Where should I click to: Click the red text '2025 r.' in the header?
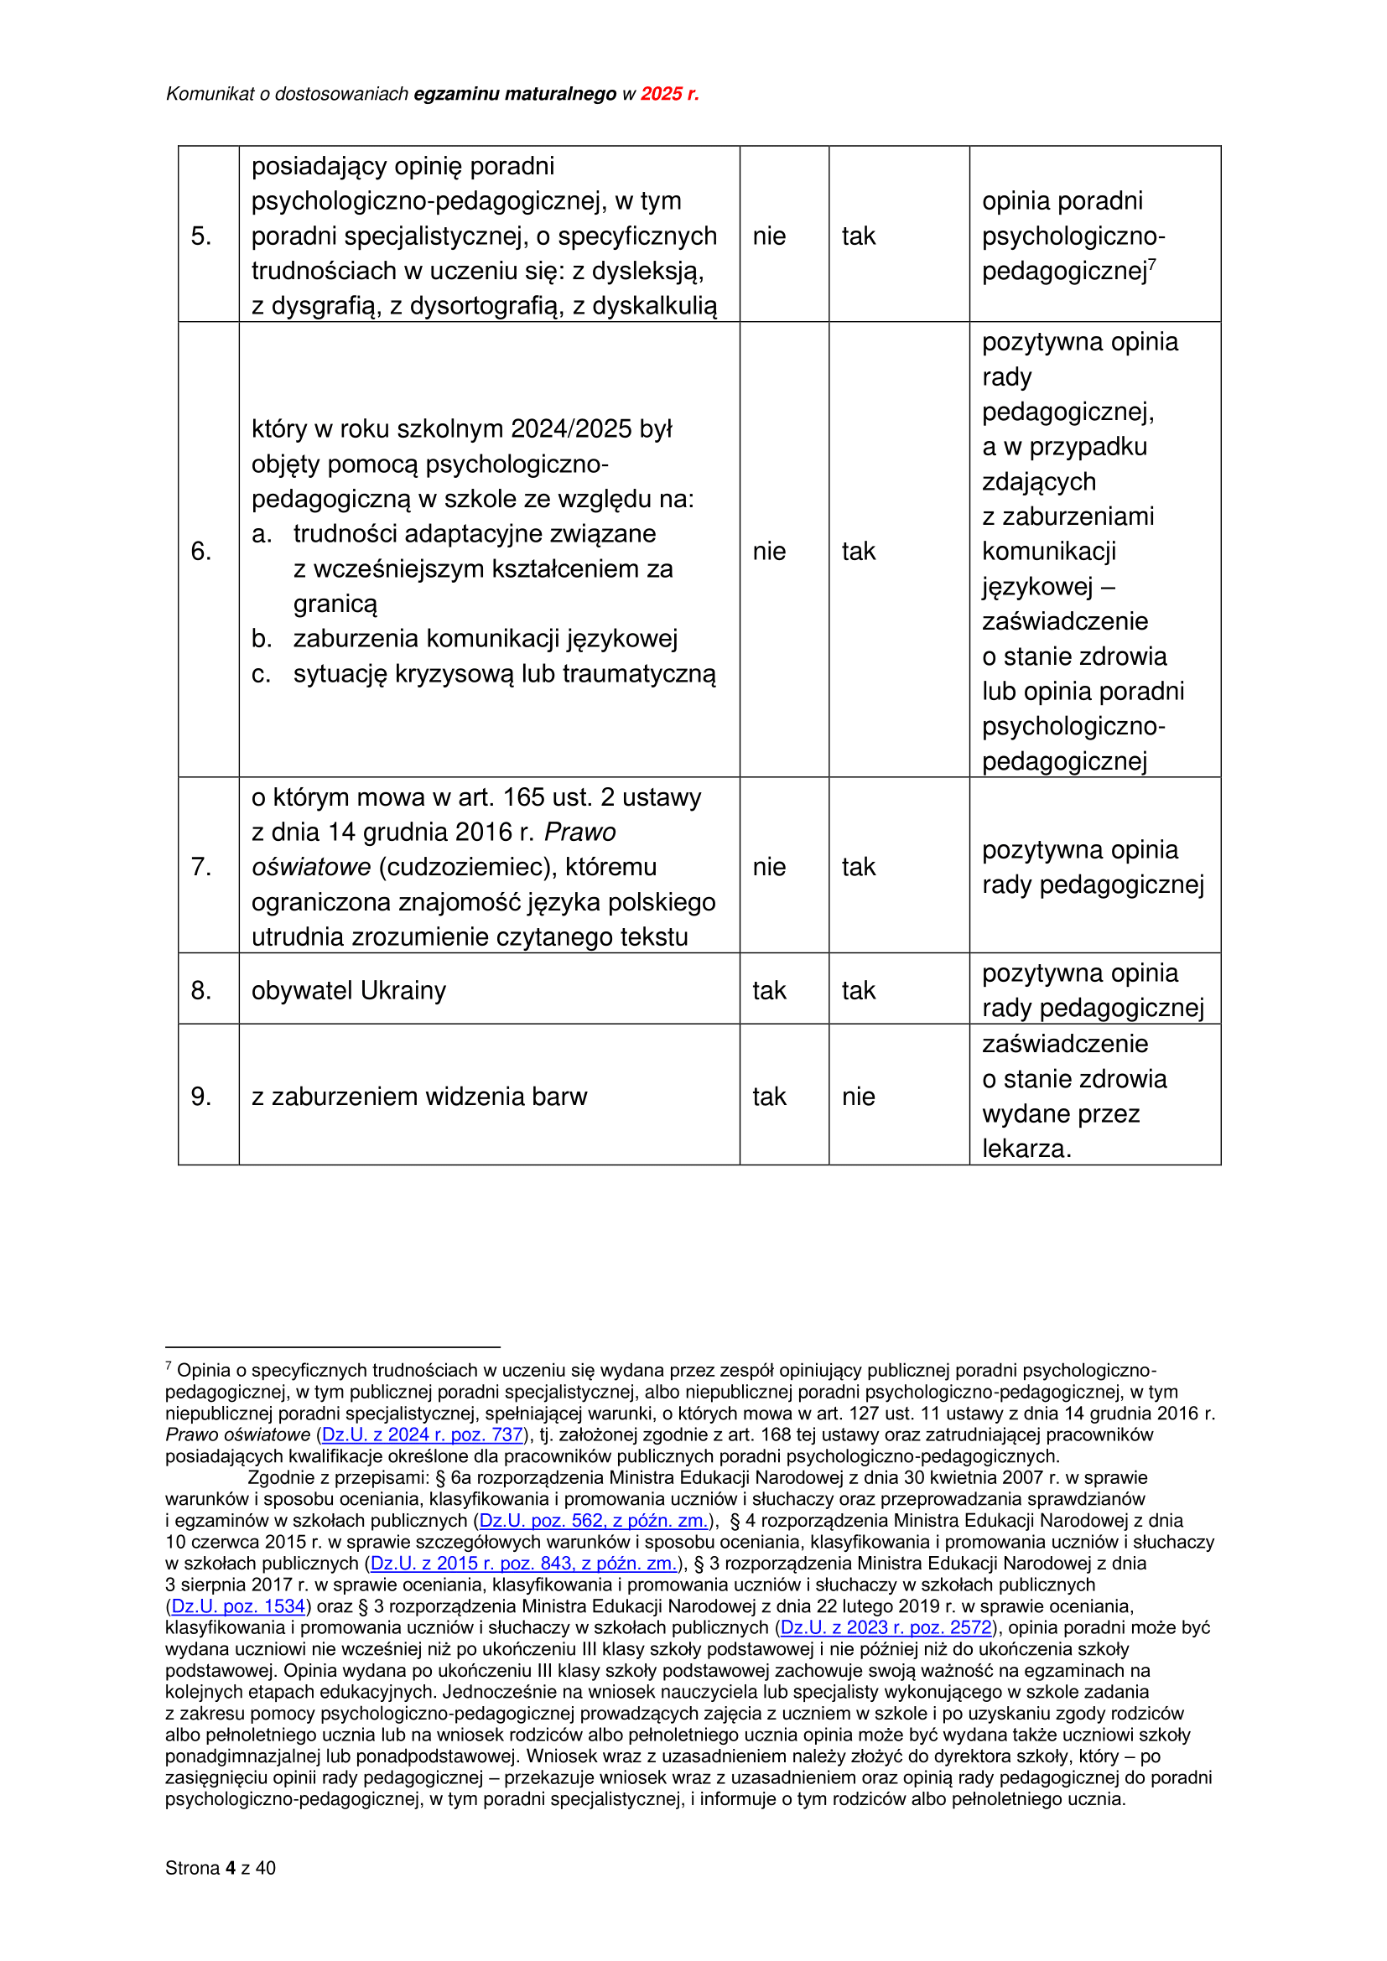point(669,94)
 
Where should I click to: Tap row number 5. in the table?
point(201,236)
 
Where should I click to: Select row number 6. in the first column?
point(201,552)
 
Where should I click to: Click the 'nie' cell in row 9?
point(859,1097)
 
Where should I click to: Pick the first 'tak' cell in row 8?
point(769,991)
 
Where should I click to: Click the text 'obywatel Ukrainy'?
point(349,991)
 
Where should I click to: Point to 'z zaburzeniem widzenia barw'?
point(419,1097)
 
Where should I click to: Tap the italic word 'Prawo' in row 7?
point(580,832)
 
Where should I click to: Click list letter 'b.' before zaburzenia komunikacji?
point(262,639)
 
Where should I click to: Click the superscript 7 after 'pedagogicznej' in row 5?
point(1152,264)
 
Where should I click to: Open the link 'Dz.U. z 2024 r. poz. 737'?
point(422,1434)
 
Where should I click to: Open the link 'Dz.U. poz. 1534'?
point(238,1606)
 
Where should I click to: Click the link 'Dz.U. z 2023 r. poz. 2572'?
point(886,1628)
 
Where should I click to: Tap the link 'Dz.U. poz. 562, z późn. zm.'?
point(594,1521)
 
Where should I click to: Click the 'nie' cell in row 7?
point(769,867)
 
